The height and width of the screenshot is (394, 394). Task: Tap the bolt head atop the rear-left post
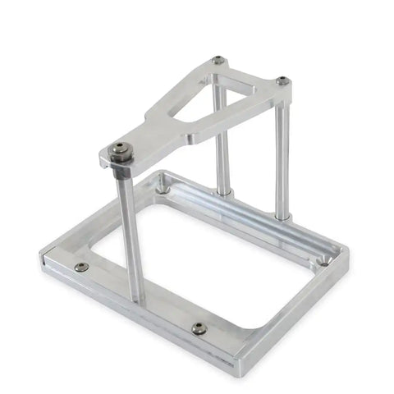pyautogui.click(x=218, y=60)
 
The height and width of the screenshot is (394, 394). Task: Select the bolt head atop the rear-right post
pyautogui.click(x=282, y=81)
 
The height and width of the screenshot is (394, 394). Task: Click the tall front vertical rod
pyautogui.click(x=127, y=230)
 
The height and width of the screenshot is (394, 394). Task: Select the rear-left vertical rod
pyautogui.click(x=220, y=140)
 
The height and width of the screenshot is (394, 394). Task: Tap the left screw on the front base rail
pyautogui.click(x=80, y=267)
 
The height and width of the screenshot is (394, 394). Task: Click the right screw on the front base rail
pyautogui.click(x=199, y=328)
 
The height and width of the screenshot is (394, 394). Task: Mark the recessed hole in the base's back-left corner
pyautogui.click(x=163, y=189)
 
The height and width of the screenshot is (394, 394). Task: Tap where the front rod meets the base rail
pyautogui.click(x=134, y=297)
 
